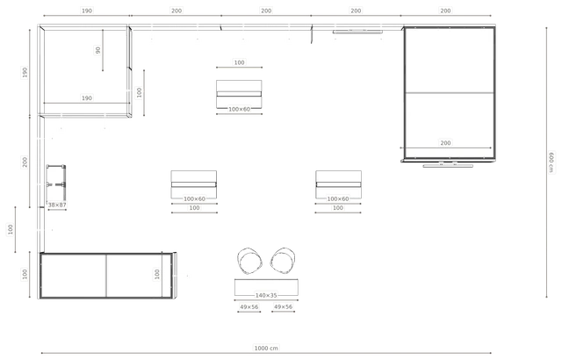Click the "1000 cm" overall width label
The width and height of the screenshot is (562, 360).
coord(266,348)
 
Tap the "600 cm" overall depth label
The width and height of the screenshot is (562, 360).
coord(551,162)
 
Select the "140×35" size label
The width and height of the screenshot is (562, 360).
coord(266,296)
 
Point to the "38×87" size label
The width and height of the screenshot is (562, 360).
coord(57,205)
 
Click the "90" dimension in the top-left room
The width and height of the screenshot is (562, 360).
coord(97,51)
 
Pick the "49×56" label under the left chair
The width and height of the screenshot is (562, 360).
coord(249,307)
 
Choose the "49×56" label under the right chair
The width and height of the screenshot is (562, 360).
coord(283,306)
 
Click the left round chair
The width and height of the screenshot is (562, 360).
coord(249,261)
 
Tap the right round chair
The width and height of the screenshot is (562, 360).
coord(283,261)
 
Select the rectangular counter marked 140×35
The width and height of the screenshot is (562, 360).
coord(266,287)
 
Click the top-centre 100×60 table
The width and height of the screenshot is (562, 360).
coord(239,94)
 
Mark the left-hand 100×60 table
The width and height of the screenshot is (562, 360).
coord(194,184)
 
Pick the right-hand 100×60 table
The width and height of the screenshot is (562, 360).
coord(338,184)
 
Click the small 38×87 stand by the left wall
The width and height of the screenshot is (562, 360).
coord(56,183)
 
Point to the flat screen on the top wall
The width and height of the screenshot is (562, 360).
coord(357,32)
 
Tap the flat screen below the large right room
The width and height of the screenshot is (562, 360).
coord(448,165)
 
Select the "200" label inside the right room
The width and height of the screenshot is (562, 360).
coord(445,143)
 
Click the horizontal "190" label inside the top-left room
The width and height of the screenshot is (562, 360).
coord(87,98)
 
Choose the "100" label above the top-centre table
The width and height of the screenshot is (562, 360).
coord(239,62)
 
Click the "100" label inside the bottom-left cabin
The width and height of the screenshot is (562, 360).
coord(157,274)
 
